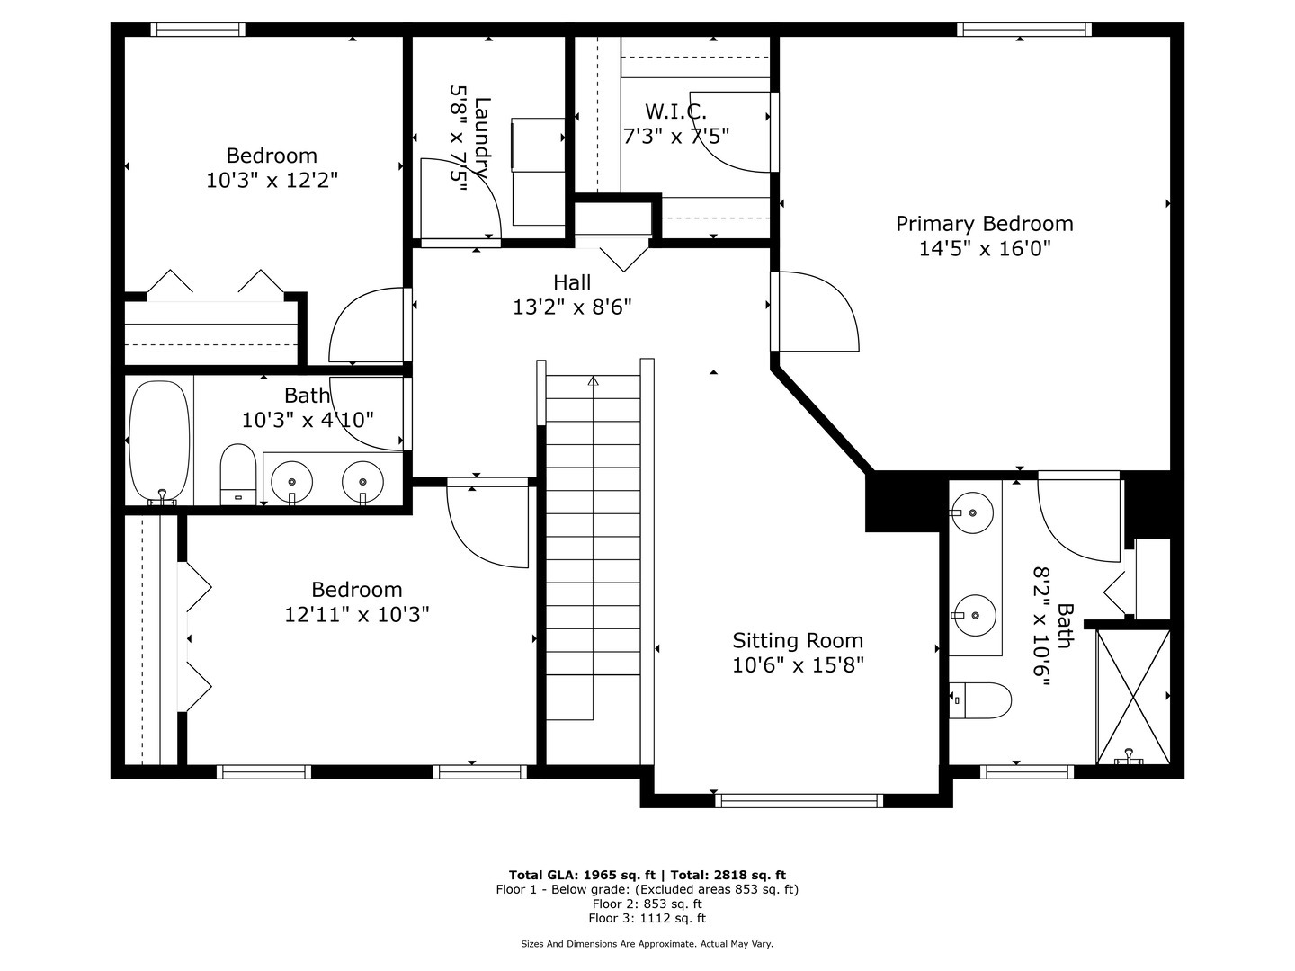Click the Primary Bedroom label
[x=984, y=224]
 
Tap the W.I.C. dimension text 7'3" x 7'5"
[x=675, y=136]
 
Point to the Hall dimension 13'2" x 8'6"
[x=572, y=307]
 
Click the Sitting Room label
[x=797, y=641]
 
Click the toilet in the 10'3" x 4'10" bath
[x=238, y=472]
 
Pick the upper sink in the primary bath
[x=972, y=512]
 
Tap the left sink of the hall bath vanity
[x=291, y=481]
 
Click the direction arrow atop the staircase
[x=593, y=381]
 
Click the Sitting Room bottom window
[x=799, y=800]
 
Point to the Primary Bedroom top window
[x=1024, y=30]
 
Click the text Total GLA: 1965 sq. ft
[x=584, y=875]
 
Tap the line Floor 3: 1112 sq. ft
[x=647, y=918]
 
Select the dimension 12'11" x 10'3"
[x=356, y=614]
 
